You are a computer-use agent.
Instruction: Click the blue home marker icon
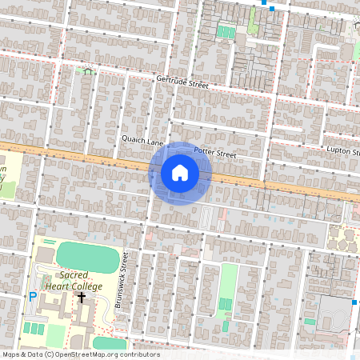180,173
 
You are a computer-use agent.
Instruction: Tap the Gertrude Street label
182,82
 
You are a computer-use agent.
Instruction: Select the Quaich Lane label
142,138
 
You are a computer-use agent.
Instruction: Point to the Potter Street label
215,152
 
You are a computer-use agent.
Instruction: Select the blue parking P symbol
33,297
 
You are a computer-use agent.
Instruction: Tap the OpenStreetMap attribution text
80,354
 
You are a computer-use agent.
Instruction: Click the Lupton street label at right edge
344,150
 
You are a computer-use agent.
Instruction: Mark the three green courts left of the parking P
34,328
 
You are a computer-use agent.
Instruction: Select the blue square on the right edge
353,303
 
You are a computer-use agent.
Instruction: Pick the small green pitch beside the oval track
310,322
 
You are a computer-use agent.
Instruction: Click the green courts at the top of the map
226,33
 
